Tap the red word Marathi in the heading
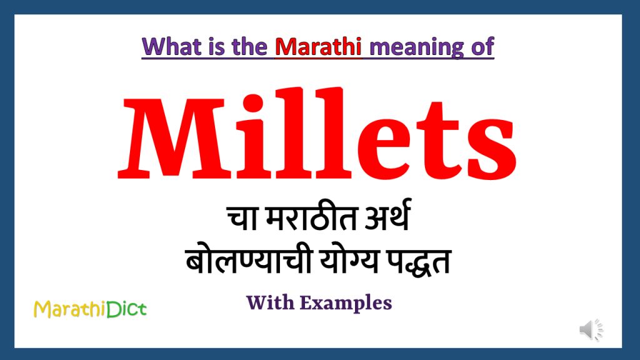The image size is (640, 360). [x=319, y=47]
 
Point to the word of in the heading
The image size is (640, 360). [x=482, y=47]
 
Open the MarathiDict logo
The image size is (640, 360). [x=91, y=308]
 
